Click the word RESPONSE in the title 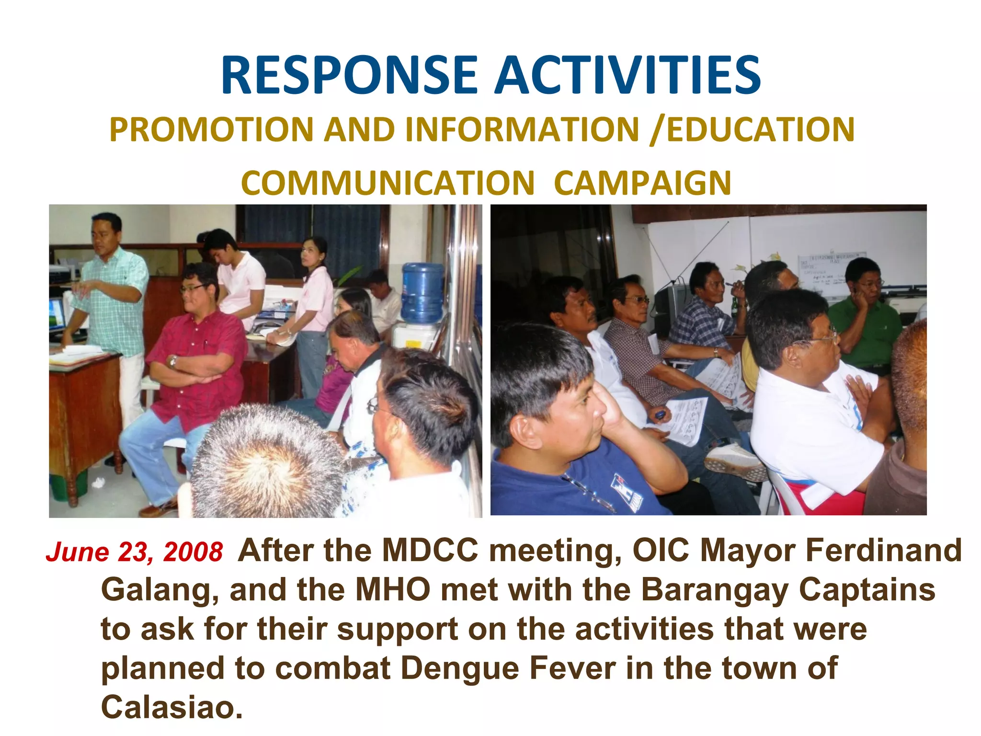pos(349,76)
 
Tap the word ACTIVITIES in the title pos(627,76)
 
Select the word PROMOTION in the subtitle pos(211,130)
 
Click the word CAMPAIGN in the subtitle pos(642,183)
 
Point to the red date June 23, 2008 pos(135,552)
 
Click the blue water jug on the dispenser pos(422,292)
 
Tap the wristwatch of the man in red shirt pos(173,361)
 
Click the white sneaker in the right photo pos(733,458)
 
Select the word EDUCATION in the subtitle pos(760,130)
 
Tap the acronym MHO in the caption pos(393,590)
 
